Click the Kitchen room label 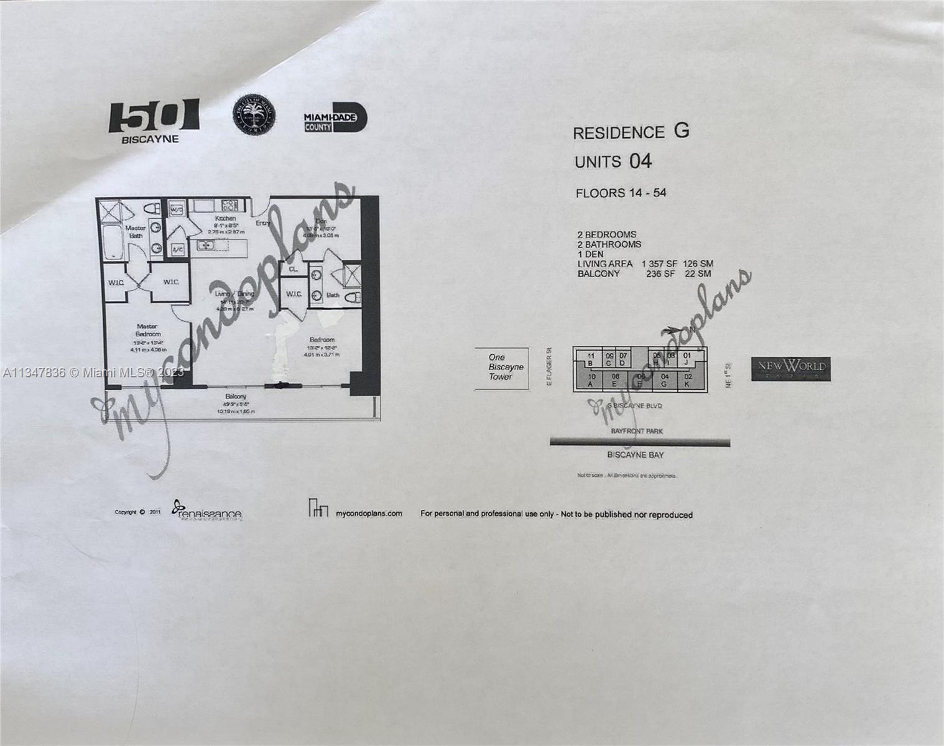pos(225,219)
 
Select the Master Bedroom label pos(147,330)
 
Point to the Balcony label pos(236,396)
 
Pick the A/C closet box pos(177,249)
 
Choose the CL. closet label pos(293,269)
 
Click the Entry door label pos(262,223)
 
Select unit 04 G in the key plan pos(665,380)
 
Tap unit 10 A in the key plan pos(591,380)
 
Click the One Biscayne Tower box pos(501,367)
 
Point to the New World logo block pos(790,369)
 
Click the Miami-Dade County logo pos(335,117)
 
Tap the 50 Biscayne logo pos(154,121)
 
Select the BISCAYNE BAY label pos(636,455)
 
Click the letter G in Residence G pos(682,131)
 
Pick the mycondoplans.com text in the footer pos(369,513)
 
